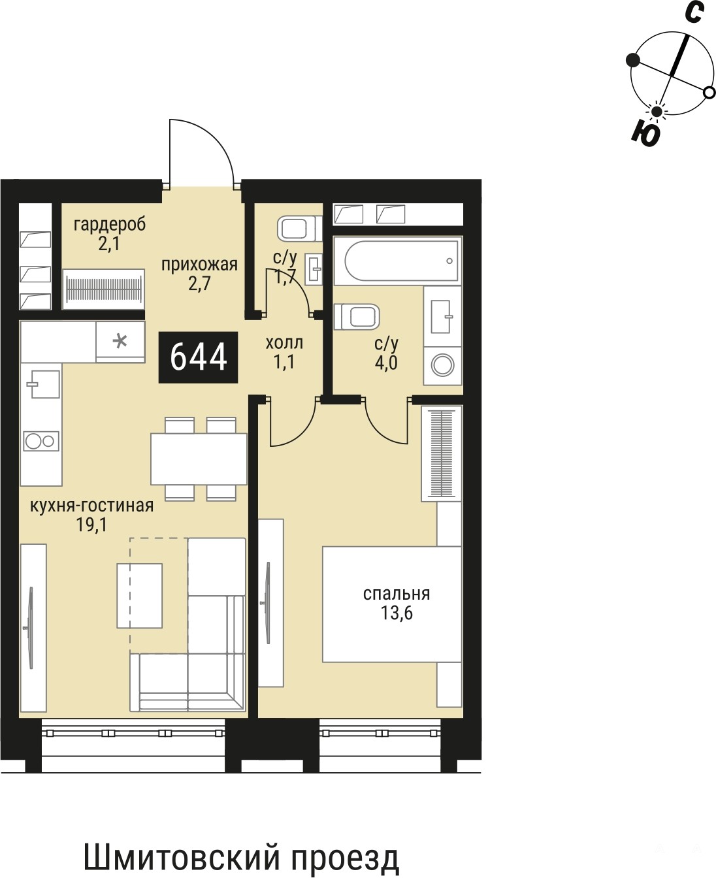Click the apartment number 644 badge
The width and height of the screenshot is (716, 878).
(198, 357)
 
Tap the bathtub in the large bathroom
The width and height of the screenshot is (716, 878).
(398, 261)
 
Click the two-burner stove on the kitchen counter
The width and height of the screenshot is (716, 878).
(41, 442)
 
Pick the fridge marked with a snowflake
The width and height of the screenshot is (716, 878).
(120, 342)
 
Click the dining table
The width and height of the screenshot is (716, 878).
(199, 459)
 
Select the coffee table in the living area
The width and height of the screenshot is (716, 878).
(139, 595)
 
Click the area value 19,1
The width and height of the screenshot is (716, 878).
(91, 525)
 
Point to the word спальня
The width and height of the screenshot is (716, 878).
(397, 594)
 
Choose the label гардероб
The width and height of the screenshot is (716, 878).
(110, 225)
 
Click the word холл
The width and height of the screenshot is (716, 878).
(284, 343)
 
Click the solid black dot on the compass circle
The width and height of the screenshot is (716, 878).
(633, 60)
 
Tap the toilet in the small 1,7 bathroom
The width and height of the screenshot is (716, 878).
(300, 228)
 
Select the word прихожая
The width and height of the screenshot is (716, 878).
(199, 265)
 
